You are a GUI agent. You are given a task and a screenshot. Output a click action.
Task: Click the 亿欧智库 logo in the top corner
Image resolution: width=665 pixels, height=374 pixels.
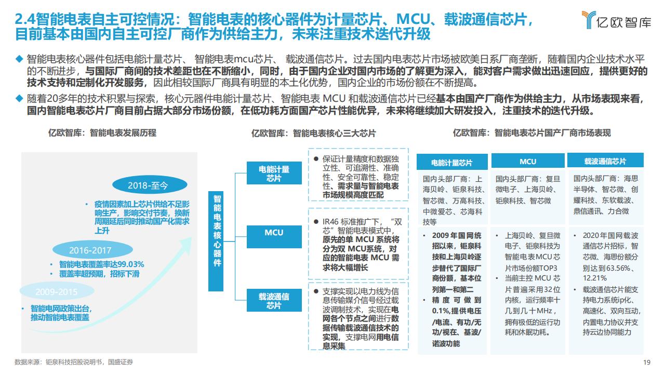click(616, 20)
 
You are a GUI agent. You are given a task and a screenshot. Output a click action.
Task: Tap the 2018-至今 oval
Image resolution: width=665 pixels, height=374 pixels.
click(150, 185)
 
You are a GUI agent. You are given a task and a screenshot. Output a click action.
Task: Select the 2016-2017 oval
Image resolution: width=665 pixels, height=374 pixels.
click(92, 250)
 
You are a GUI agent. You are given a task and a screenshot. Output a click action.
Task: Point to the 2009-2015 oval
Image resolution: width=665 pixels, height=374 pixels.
click(57, 291)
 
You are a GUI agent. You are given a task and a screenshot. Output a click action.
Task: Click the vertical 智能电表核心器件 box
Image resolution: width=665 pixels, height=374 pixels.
click(216, 242)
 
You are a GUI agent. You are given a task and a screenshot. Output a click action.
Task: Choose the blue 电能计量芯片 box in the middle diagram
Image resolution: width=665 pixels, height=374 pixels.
click(274, 173)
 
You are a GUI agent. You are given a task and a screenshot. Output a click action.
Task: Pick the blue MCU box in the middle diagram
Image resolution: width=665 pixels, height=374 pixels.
click(274, 236)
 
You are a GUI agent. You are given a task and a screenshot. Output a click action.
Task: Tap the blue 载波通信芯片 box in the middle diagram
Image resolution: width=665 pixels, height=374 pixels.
click(274, 300)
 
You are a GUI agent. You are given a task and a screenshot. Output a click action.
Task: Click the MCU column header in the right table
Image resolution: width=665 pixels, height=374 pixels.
click(528, 161)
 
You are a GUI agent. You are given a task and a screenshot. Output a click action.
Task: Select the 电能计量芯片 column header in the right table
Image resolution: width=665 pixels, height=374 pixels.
click(452, 162)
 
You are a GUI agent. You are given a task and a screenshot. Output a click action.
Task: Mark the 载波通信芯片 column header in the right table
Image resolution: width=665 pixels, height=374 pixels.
click(605, 161)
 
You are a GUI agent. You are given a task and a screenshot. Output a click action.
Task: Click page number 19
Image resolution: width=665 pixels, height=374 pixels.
click(647, 362)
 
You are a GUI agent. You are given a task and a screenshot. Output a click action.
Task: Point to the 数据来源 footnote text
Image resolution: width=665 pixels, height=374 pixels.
click(74, 362)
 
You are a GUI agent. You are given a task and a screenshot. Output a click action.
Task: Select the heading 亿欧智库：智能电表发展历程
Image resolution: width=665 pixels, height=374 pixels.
click(102, 132)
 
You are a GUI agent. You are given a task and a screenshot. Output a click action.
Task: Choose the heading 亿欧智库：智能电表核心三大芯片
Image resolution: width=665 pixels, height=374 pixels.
click(313, 133)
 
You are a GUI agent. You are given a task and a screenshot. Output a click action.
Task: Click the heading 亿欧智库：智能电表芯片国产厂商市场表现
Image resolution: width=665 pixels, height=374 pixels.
click(532, 132)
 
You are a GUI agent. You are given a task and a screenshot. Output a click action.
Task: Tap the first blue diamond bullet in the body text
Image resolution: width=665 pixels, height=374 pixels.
click(19, 59)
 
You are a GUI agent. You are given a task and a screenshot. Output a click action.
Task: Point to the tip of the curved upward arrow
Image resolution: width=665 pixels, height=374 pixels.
click(191, 238)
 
